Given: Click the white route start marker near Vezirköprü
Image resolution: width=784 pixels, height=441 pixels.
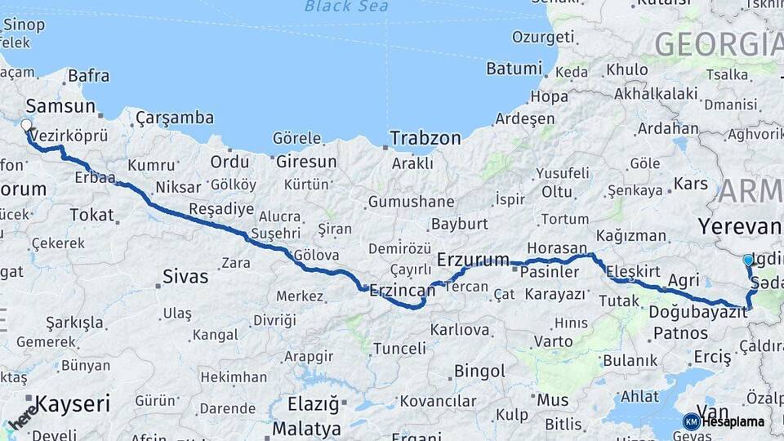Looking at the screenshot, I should [x=26, y=126].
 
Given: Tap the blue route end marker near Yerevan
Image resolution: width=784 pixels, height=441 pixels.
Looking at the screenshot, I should [x=748, y=260].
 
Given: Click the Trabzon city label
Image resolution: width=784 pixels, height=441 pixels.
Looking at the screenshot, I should [x=425, y=139].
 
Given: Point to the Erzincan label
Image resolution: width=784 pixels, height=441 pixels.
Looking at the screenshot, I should [x=401, y=290].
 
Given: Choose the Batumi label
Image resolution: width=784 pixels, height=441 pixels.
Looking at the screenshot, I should [x=514, y=69].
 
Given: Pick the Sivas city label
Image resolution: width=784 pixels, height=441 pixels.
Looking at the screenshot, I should [x=185, y=277].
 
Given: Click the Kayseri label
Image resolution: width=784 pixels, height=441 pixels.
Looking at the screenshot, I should [x=73, y=403].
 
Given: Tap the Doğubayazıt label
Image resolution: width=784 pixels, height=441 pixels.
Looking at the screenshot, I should [x=698, y=312].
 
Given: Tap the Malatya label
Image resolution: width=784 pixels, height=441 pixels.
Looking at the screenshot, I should [x=307, y=429].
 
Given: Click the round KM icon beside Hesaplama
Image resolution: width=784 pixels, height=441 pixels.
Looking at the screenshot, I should [x=691, y=421].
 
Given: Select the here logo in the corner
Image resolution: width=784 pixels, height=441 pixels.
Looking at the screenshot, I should [x=22, y=416].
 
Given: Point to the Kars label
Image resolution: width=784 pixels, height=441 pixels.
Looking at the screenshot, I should [x=691, y=183].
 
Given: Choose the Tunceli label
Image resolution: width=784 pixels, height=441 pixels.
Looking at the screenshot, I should [x=399, y=349].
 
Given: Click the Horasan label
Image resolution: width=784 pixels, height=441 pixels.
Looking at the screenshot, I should [x=557, y=247].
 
